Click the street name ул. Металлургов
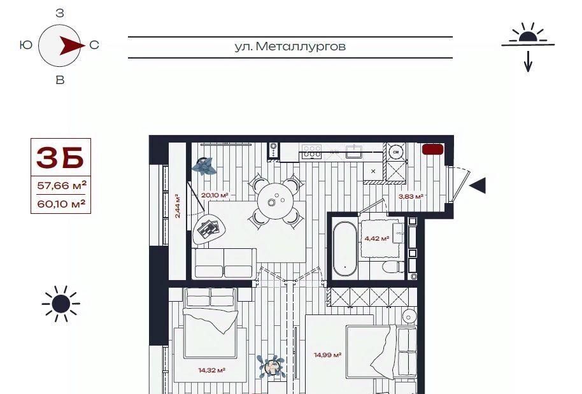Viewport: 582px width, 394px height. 290,46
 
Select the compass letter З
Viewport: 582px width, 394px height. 60,13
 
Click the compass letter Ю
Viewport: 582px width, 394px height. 26,45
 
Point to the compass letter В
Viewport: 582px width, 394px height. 60,80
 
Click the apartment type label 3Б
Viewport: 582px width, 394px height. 60,158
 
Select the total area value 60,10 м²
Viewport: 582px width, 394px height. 61,204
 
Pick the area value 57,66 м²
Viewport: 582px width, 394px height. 62,185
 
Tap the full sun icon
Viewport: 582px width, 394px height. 61,304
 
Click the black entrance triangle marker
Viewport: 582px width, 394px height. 478,185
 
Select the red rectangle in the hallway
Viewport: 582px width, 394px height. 433,149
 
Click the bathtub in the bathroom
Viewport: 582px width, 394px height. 344,249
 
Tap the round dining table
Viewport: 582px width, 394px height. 276,201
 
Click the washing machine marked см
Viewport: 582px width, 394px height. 395,152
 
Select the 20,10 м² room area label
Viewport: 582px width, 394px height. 215,195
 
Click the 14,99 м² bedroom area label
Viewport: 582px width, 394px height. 328,355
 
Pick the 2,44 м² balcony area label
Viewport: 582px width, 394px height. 178,206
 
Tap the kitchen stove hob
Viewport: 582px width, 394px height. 312,151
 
